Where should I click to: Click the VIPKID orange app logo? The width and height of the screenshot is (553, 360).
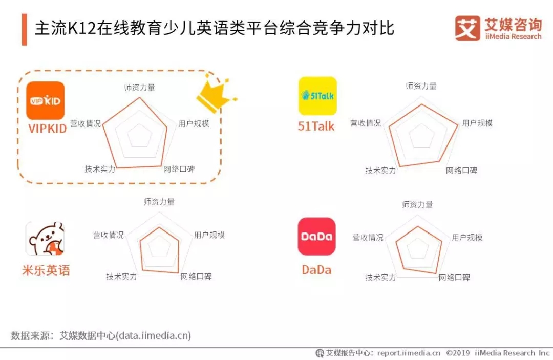tap(45, 101)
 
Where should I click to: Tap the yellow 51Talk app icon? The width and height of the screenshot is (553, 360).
tap(318, 96)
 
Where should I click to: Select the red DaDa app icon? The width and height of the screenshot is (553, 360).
tap(317, 236)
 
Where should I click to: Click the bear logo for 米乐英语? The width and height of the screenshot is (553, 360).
tap(45, 239)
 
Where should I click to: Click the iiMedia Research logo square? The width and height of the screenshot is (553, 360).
tap(467, 28)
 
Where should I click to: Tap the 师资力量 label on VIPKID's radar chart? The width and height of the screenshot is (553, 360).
tap(140, 88)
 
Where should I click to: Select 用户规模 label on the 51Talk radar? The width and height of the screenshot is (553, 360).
tap(477, 123)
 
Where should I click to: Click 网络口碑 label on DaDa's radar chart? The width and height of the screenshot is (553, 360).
tap(454, 278)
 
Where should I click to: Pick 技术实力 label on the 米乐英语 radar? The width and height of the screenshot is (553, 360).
tap(122, 277)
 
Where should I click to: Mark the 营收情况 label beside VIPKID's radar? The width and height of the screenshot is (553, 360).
tap(86, 123)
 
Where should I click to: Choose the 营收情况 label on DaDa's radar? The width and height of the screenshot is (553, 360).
tap(368, 237)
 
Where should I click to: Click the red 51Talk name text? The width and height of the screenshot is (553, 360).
tap(316, 126)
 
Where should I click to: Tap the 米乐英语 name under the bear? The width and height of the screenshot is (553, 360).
tap(46, 270)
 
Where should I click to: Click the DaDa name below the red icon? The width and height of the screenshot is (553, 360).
tap(317, 270)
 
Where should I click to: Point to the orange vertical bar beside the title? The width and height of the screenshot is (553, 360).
tap(25, 30)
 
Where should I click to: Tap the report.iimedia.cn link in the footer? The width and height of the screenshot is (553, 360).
tap(409, 353)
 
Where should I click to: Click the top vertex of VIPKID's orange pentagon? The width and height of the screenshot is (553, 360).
tap(140, 98)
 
